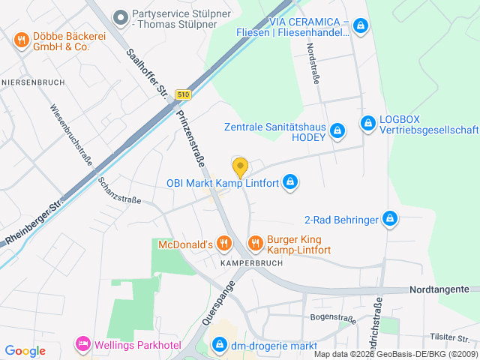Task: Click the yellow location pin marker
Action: pyautogui.click(x=240, y=166)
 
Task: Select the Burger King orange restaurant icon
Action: pyautogui.click(x=255, y=242)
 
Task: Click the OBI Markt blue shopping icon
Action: pyautogui.click(x=291, y=182)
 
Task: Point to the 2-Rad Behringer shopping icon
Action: pyautogui.click(x=389, y=219)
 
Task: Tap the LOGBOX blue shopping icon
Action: pyautogui.click(x=367, y=122)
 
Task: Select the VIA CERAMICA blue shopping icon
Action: pyautogui.click(x=361, y=26)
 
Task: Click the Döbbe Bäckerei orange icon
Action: pyautogui.click(x=21, y=40)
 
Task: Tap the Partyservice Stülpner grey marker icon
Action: pyautogui.click(x=119, y=16)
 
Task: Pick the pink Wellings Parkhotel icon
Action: pyautogui.click(x=82, y=344)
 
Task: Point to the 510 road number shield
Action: pyautogui.click(x=184, y=94)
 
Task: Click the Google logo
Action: pyautogui.click(x=25, y=350)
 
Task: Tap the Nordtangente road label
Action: pyautogui.click(x=439, y=289)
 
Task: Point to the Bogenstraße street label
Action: pyautogui.click(x=332, y=318)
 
